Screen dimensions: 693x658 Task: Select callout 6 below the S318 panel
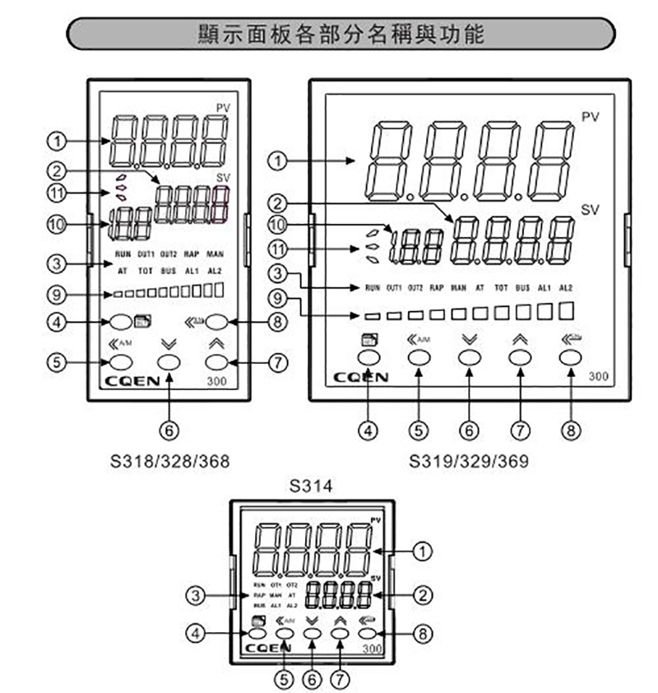coord(169,428)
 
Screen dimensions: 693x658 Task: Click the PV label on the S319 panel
coord(591,117)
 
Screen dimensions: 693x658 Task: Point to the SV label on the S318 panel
coord(223,178)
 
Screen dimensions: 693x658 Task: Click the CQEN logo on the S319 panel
coord(363,378)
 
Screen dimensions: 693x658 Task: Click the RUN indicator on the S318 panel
coord(123,253)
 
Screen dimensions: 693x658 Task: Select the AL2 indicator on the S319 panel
coord(565,287)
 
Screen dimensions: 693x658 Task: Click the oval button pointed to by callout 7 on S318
coord(215,361)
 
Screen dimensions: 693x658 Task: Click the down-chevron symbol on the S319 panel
coord(469,338)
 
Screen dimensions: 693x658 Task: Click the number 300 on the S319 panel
coord(599,376)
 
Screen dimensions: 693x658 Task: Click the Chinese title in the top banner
coord(341,34)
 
